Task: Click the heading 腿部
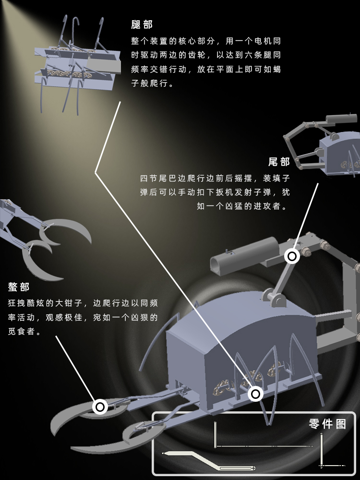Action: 142,24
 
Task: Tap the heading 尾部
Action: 279,162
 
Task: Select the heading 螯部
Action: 19,287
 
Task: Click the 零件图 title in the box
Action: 327,424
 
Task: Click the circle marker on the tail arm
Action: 292,256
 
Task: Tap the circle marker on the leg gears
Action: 256,394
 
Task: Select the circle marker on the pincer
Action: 100,407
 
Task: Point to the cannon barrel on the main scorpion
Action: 244,255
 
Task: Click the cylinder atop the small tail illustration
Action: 341,119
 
